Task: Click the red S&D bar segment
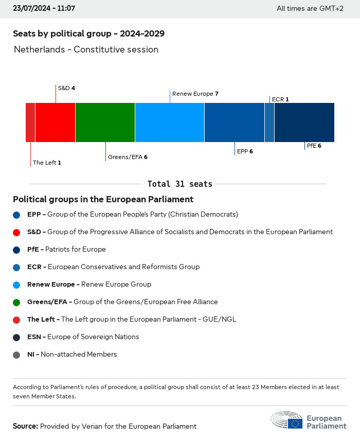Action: pos(55,122)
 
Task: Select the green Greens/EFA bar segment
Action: pos(105,122)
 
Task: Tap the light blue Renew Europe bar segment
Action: pos(170,122)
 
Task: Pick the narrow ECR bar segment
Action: pos(269,122)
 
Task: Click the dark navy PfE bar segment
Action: pos(304,122)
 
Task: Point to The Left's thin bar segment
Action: pos(30,122)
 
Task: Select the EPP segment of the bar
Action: pos(235,122)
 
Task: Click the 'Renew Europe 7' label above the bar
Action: pos(195,94)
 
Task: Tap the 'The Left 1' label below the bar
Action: pos(47,163)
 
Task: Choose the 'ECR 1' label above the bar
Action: pos(280,99)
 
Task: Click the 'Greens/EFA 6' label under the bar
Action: pos(128,157)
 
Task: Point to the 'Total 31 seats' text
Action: pos(179,184)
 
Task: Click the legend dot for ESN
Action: pos(16,337)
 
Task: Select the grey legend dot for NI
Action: pos(16,355)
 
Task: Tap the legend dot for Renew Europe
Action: pos(16,285)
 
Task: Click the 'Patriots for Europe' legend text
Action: pos(76,250)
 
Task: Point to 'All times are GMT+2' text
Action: pos(310,9)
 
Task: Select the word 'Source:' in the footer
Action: pos(25,426)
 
